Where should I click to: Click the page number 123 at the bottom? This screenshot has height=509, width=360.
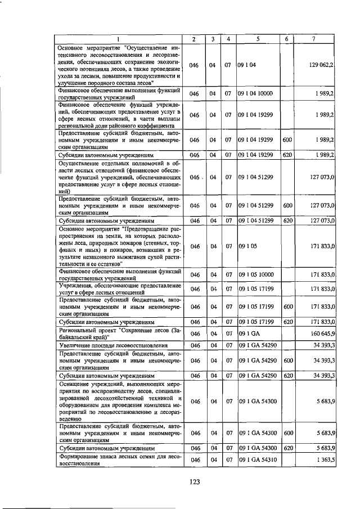click(x=195, y=481)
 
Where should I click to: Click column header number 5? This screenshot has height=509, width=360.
click(x=257, y=39)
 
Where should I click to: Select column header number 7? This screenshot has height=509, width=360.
click(x=314, y=39)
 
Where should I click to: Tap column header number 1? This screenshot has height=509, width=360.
click(x=119, y=39)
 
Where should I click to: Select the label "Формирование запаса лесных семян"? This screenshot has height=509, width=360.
click(x=119, y=460)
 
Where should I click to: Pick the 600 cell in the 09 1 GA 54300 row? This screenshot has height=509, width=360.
click(x=287, y=433)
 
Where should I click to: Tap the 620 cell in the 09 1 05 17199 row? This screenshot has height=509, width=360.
click(x=287, y=322)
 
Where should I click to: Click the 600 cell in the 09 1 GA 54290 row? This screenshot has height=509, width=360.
click(x=287, y=360)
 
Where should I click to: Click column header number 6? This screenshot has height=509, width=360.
click(x=287, y=39)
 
